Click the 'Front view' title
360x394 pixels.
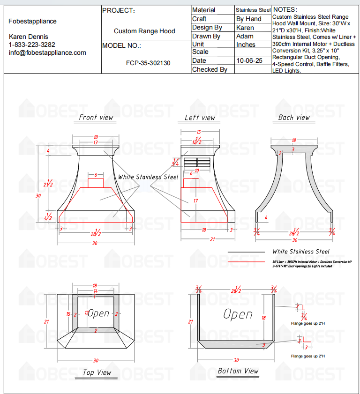click(x=96, y=118)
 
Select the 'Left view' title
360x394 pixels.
click(x=200, y=118)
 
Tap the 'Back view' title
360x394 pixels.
click(x=294, y=118)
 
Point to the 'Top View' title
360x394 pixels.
click(x=97, y=372)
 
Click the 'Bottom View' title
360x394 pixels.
click(x=238, y=371)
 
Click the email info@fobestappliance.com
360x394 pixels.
click(x=47, y=52)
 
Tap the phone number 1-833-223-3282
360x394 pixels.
click(x=32, y=45)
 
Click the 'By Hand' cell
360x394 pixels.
click(x=249, y=19)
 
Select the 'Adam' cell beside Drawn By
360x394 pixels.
click(x=245, y=36)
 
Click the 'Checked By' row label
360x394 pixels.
click(x=210, y=69)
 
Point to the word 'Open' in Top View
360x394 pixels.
click(x=99, y=313)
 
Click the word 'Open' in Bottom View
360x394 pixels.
click(x=238, y=314)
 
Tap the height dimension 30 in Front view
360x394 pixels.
click(x=38, y=196)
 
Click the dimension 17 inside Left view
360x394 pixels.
click(x=195, y=201)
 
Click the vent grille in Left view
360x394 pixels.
click(x=195, y=162)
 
